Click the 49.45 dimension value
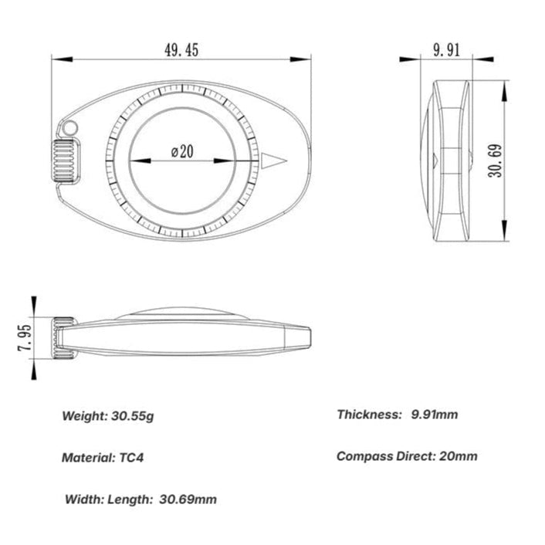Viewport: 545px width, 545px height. [181, 50]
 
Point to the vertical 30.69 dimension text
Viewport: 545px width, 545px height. [496, 161]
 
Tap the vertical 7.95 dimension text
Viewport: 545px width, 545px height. [25, 338]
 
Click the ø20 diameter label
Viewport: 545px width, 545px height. [182, 151]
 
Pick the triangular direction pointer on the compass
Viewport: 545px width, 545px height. [273, 161]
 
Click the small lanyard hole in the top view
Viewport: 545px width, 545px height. [71, 127]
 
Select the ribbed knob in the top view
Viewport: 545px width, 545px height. [66, 161]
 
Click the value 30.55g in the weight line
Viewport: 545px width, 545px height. [131, 416]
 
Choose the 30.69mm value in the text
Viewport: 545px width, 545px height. [188, 499]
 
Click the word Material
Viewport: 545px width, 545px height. [86, 457]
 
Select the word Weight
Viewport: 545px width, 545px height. [83, 416]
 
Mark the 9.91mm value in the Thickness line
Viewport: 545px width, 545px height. [434, 415]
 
